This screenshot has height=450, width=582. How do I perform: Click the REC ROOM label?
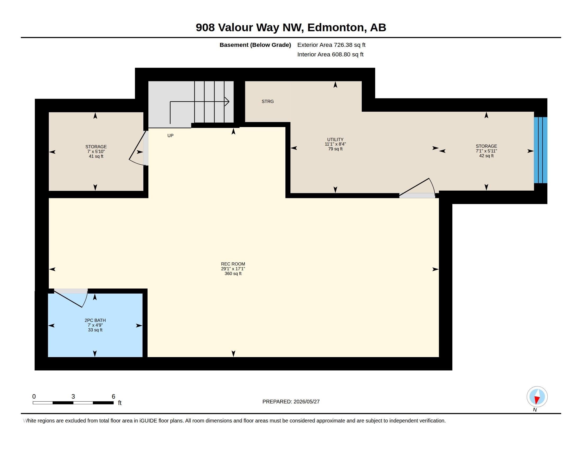233,264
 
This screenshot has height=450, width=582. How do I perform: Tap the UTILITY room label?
335,139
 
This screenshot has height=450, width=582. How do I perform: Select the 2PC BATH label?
95,321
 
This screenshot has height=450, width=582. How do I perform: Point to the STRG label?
267,101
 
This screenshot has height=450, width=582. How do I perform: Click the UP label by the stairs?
170,136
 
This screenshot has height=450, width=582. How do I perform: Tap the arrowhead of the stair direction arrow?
227,102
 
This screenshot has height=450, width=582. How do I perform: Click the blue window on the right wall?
540,150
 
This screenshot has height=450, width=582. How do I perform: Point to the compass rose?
537,397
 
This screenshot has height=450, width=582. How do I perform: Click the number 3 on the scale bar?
73,397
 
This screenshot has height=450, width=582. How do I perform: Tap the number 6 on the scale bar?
113,397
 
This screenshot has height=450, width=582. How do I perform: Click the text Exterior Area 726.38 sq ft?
331,45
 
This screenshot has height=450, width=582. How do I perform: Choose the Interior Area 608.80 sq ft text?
330,55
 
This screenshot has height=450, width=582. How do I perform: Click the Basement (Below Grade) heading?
255,45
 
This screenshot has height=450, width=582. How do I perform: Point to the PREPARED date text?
291,402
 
